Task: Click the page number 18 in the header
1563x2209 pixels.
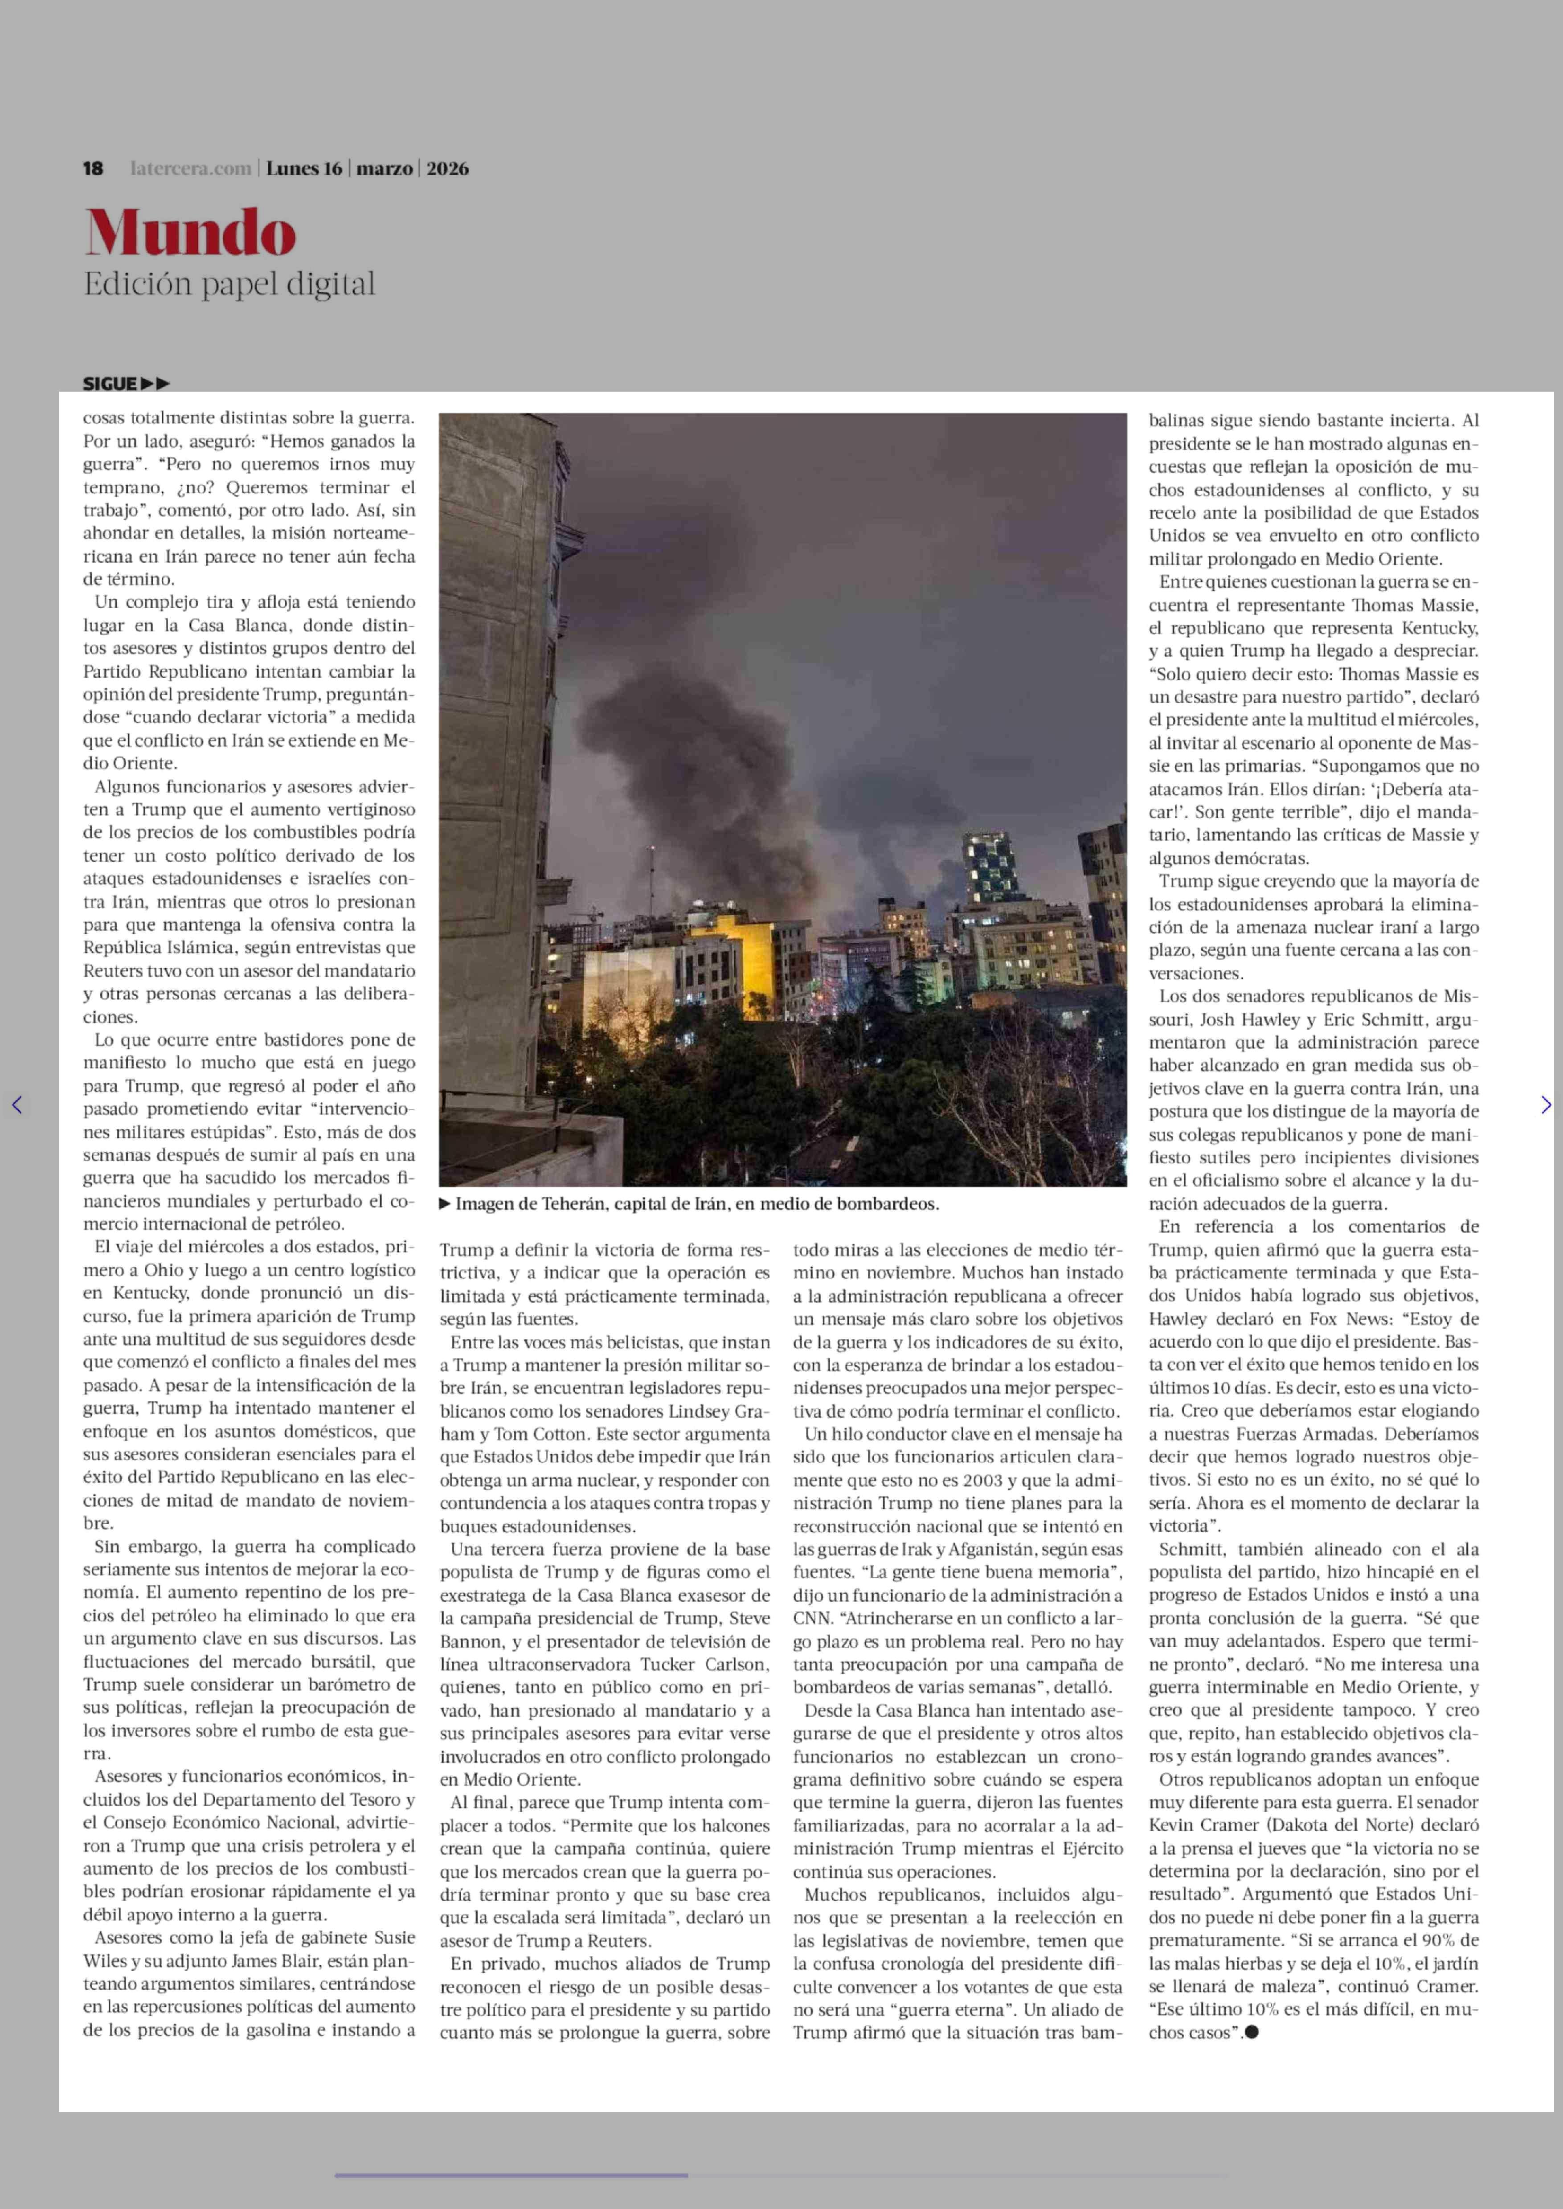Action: [x=94, y=168]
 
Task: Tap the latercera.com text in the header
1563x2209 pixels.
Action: [x=191, y=168]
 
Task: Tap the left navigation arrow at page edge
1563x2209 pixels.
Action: [x=16, y=1105]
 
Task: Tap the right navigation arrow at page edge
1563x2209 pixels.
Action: [x=1546, y=1105]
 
